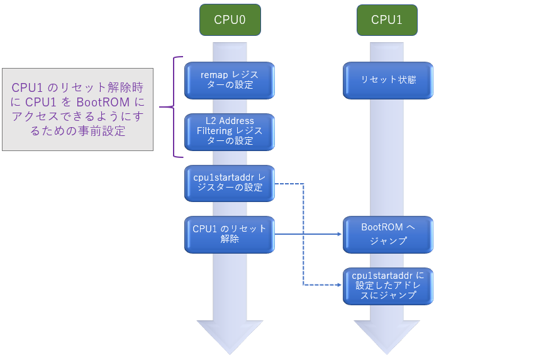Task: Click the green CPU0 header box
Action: tap(230, 20)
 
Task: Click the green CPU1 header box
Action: tap(387, 20)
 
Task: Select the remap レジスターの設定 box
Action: tap(230, 80)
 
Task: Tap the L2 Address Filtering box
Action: tap(230, 131)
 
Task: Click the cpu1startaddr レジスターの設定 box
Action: tap(230, 183)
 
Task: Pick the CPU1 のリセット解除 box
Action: tap(230, 234)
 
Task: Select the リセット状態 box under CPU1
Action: tap(388, 80)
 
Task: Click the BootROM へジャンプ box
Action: tap(388, 234)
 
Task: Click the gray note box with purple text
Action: tap(77, 109)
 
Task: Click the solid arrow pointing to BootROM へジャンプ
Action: tap(308, 234)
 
